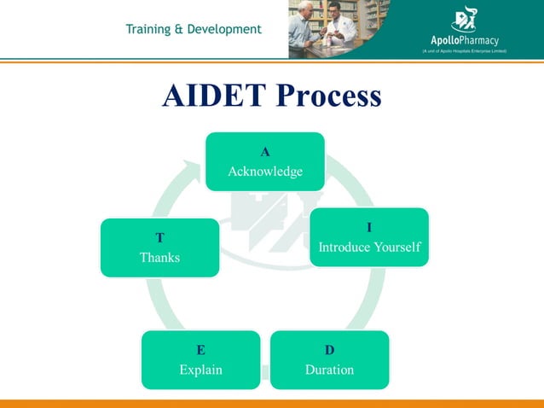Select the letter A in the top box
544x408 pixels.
(x=265, y=152)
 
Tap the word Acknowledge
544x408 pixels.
(x=265, y=172)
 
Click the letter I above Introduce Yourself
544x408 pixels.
(x=369, y=228)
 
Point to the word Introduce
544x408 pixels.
(x=344, y=248)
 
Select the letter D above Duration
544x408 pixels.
(x=330, y=350)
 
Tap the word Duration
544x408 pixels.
(x=330, y=370)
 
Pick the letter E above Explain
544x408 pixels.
(x=200, y=350)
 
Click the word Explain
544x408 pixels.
(x=200, y=370)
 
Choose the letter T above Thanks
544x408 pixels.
(x=159, y=237)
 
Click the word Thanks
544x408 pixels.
(x=159, y=257)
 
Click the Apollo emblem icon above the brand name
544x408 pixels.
(x=465, y=18)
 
